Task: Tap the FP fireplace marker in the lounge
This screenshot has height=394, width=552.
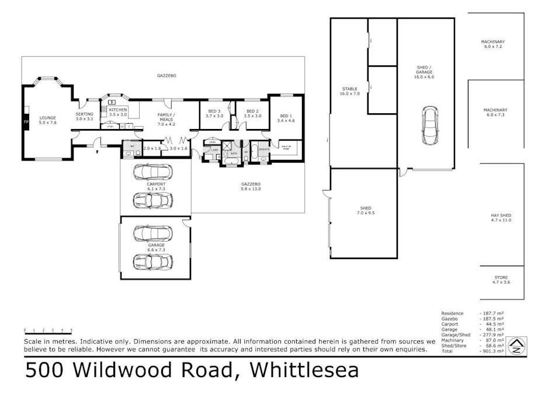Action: click(25, 121)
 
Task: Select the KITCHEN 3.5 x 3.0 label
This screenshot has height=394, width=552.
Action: click(117, 113)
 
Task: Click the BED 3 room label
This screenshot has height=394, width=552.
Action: click(214, 113)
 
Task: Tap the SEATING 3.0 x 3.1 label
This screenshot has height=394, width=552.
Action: click(84, 116)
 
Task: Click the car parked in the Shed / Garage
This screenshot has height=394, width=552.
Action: click(430, 125)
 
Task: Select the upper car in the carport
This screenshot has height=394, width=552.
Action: click(153, 173)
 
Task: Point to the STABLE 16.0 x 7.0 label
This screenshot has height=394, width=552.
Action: click(350, 91)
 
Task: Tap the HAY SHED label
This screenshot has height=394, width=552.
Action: click(501, 218)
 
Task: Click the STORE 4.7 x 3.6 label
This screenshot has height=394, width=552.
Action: click(501, 280)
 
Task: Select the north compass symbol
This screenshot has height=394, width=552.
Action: click(516, 346)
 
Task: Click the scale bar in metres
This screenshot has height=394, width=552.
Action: click(48, 332)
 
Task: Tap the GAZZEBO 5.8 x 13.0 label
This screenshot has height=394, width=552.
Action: click(251, 186)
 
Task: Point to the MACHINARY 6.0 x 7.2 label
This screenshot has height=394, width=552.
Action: click(493, 44)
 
